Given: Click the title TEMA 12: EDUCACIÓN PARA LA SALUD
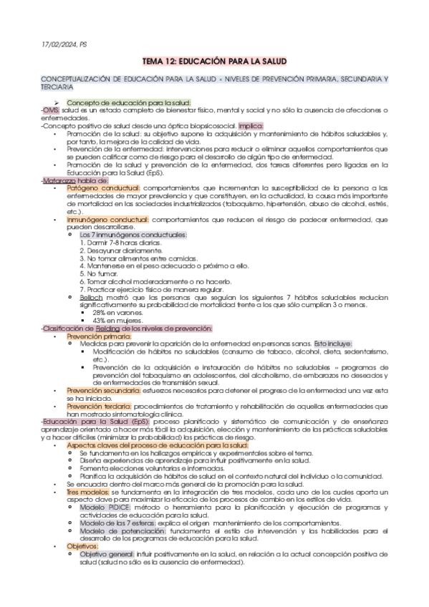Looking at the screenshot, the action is pos(214,62).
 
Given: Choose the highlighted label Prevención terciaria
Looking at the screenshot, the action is pos(96,405).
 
